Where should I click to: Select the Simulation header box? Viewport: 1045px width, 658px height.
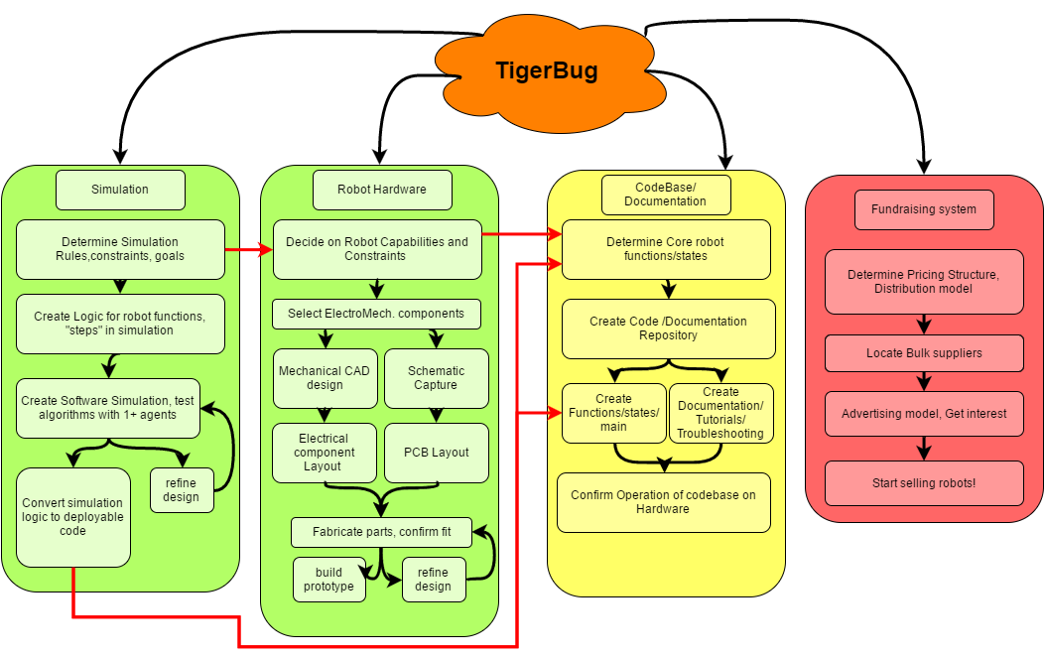[120, 190]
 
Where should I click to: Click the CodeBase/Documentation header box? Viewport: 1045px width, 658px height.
[666, 195]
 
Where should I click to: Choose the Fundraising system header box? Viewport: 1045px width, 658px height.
[924, 209]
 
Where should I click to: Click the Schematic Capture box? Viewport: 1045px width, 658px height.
[436, 378]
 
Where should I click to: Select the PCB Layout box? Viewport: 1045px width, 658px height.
[436, 453]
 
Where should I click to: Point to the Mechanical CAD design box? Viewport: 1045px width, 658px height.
[325, 378]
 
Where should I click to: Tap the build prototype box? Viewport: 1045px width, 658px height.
[328, 580]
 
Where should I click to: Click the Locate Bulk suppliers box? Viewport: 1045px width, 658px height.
[924, 353]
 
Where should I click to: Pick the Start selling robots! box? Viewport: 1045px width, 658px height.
[924, 483]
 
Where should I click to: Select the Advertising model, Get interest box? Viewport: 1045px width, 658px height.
[924, 413]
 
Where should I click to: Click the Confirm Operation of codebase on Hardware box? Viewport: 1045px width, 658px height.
[663, 502]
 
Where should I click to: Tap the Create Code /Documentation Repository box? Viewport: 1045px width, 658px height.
[668, 329]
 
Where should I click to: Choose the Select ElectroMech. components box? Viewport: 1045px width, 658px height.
[376, 314]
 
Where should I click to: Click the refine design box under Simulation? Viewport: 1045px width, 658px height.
[182, 490]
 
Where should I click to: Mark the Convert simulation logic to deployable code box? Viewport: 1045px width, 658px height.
[73, 517]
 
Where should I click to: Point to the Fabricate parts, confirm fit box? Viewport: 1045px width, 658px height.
[381, 532]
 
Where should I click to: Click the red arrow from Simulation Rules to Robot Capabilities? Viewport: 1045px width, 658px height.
[248, 249]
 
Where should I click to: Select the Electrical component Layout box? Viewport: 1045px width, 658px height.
[325, 453]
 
